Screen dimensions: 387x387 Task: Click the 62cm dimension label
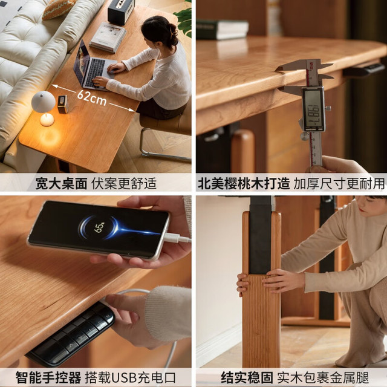[x=91, y=97]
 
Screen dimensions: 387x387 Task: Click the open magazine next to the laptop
[x=108, y=37]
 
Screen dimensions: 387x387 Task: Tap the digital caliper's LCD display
[x=314, y=109]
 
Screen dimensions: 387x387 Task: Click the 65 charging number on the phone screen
[x=99, y=227]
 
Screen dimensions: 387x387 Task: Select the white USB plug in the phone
[x=176, y=238]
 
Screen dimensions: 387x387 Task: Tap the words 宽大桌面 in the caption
[x=61, y=184]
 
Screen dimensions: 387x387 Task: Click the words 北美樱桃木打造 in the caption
[x=244, y=184]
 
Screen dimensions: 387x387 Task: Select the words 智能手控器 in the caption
[x=48, y=377]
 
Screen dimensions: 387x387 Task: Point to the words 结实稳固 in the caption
[x=247, y=377]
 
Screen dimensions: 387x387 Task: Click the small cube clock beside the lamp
[x=63, y=105]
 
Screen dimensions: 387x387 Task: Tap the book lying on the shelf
[x=222, y=30]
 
